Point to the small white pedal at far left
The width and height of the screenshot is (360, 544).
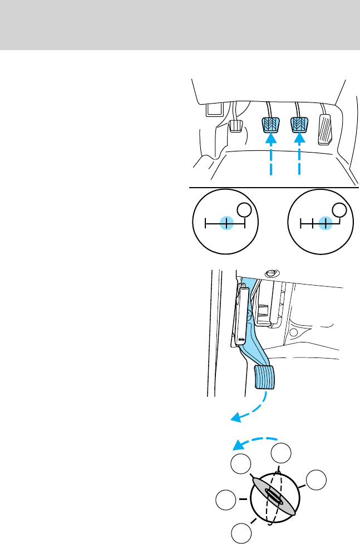pos(235,127)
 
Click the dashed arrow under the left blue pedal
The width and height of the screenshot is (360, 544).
pos(271,161)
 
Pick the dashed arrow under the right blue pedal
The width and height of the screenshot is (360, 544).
pos(299,161)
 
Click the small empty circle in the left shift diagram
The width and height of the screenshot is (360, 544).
pos(244,210)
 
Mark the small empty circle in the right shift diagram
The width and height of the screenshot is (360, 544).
pos(339,209)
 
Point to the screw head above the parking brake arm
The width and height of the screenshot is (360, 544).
pos(271,273)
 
